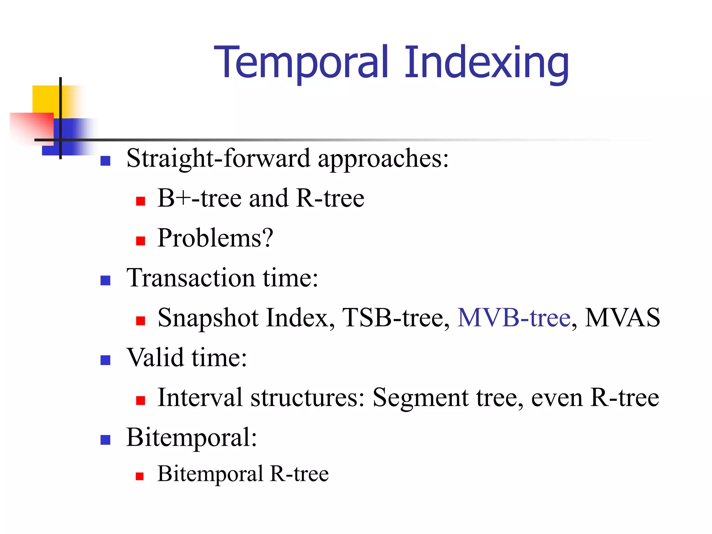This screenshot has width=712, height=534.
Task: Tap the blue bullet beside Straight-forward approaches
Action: [105, 161]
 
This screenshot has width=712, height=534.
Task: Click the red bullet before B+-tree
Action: [140, 201]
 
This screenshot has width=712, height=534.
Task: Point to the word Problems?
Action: [215, 238]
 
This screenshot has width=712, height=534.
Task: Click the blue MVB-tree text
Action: [514, 318]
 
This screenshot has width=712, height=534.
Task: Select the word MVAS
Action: [622, 318]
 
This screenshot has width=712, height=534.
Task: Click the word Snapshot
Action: [208, 318]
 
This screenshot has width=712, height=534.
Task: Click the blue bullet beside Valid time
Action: [105, 360]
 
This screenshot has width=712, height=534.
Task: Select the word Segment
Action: [420, 398]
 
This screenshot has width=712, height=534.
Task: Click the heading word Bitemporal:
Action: [192, 437]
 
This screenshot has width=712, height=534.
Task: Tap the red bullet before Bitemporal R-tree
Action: [140, 476]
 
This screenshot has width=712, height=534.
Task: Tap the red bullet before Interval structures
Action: [140, 401]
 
